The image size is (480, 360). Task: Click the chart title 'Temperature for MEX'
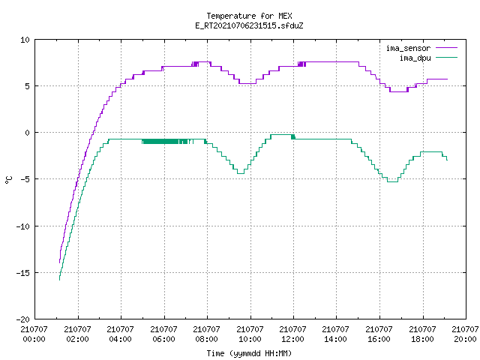(x=249, y=16)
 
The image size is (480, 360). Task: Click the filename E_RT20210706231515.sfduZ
(x=249, y=25)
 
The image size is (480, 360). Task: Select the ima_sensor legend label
(x=408, y=48)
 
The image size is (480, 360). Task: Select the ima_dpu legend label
(x=415, y=58)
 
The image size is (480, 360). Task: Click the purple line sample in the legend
(x=447, y=48)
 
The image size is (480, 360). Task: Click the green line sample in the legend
(x=447, y=57)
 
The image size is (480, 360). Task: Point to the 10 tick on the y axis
(x=25, y=40)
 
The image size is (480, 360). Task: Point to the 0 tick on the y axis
(x=27, y=133)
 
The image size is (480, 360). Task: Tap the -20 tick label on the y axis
(x=23, y=319)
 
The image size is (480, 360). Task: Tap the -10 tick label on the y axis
(x=23, y=226)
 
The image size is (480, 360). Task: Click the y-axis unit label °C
(x=9, y=180)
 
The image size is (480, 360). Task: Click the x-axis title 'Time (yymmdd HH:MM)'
(x=249, y=353)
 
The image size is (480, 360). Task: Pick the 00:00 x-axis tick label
(x=34, y=339)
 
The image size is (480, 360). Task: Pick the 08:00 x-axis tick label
(x=207, y=339)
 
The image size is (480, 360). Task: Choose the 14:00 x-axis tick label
(x=336, y=339)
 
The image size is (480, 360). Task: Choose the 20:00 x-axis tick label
(x=465, y=339)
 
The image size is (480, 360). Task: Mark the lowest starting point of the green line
(x=59, y=280)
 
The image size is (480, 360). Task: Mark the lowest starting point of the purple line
(x=60, y=262)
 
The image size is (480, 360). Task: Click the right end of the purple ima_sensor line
(x=447, y=79)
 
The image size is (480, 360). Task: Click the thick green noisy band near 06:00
(x=165, y=142)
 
